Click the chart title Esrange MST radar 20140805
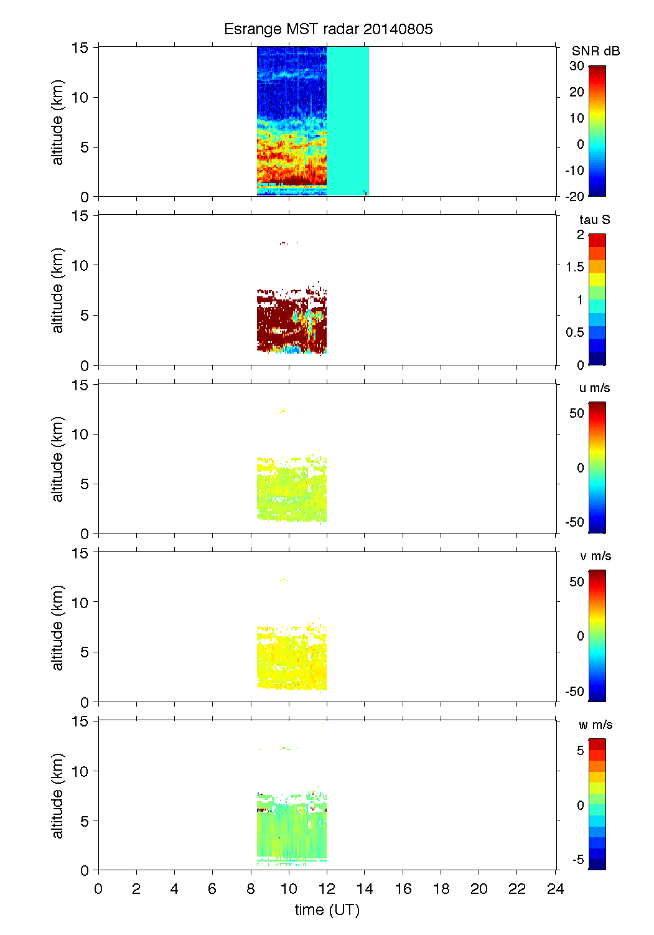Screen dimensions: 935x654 tap(328, 29)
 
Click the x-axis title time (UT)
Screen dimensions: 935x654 tap(327, 910)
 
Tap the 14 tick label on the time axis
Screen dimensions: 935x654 tap(365, 889)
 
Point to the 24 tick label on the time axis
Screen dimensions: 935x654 tap(555, 889)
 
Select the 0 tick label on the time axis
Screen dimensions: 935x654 tap(98, 889)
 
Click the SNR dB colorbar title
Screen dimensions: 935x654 tap(596, 51)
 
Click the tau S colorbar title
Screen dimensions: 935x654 tap(594, 220)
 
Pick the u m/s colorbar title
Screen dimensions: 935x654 tap(594, 388)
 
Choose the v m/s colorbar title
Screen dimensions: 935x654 tap(595, 557)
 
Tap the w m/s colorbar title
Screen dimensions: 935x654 tap(595, 725)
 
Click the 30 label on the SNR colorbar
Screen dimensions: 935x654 tap(576, 66)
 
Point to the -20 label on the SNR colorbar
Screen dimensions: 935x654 tap(574, 196)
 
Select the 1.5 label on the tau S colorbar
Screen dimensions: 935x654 tap(574, 267)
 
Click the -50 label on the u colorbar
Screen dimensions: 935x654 tap(574, 522)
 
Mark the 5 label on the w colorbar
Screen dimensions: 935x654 tap(580, 751)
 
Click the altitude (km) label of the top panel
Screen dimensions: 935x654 tap(58, 122)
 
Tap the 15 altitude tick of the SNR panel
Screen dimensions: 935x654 tap(80, 47)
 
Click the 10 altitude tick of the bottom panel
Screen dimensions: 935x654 tap(80, 771)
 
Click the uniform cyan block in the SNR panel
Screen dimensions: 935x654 tap(348, 118)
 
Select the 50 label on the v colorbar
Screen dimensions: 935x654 tap(576, 582)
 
